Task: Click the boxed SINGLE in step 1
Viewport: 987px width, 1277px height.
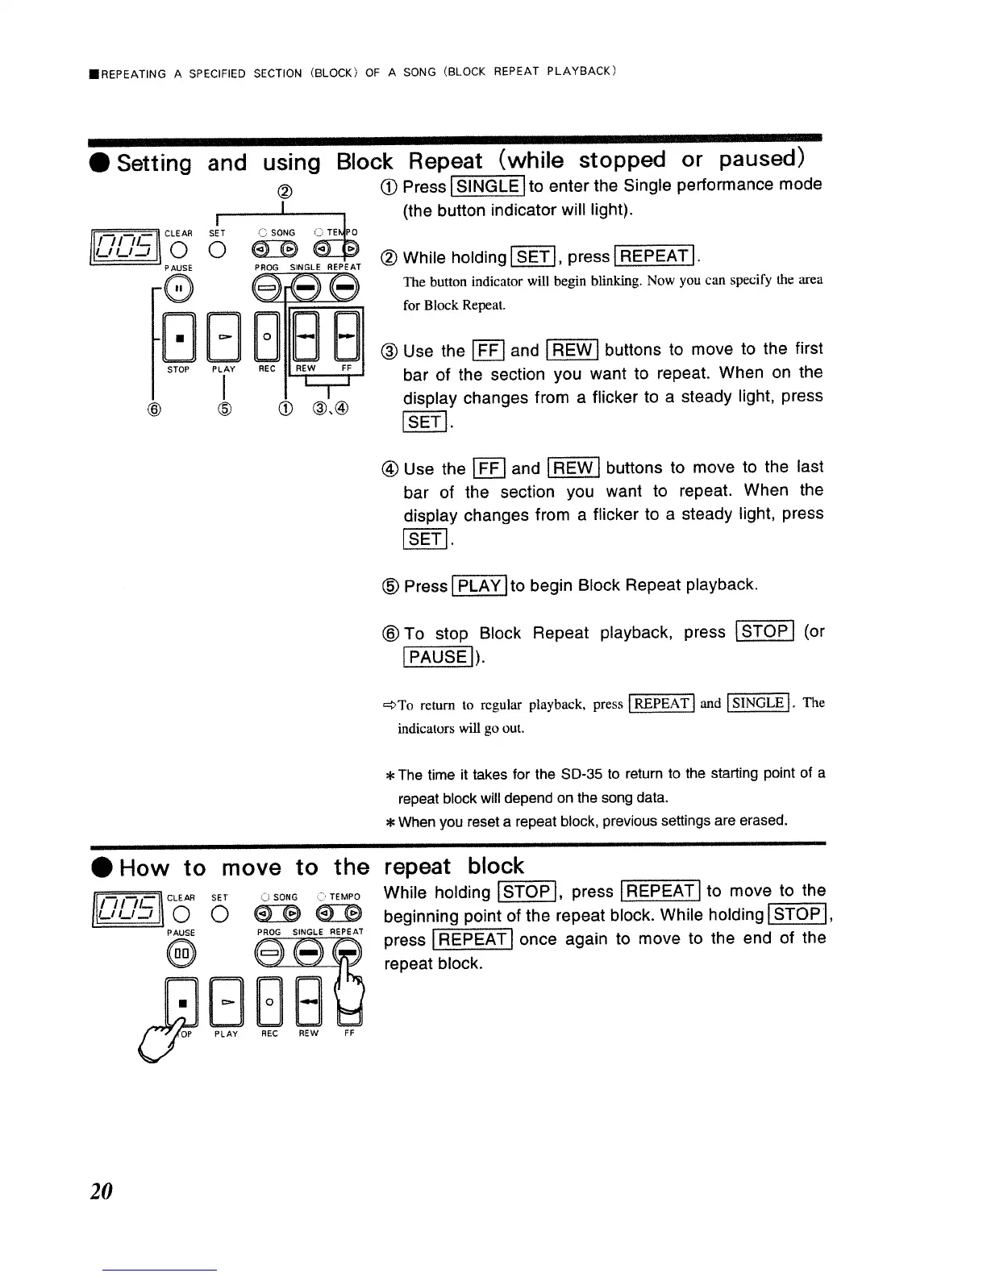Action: (x=487, y=186)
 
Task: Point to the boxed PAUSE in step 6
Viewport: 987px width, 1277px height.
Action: (x=436, y=656)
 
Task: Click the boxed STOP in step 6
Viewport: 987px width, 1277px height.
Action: (x=765, y=631)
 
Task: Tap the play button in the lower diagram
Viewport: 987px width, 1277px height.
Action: (x=225, y=1000)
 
